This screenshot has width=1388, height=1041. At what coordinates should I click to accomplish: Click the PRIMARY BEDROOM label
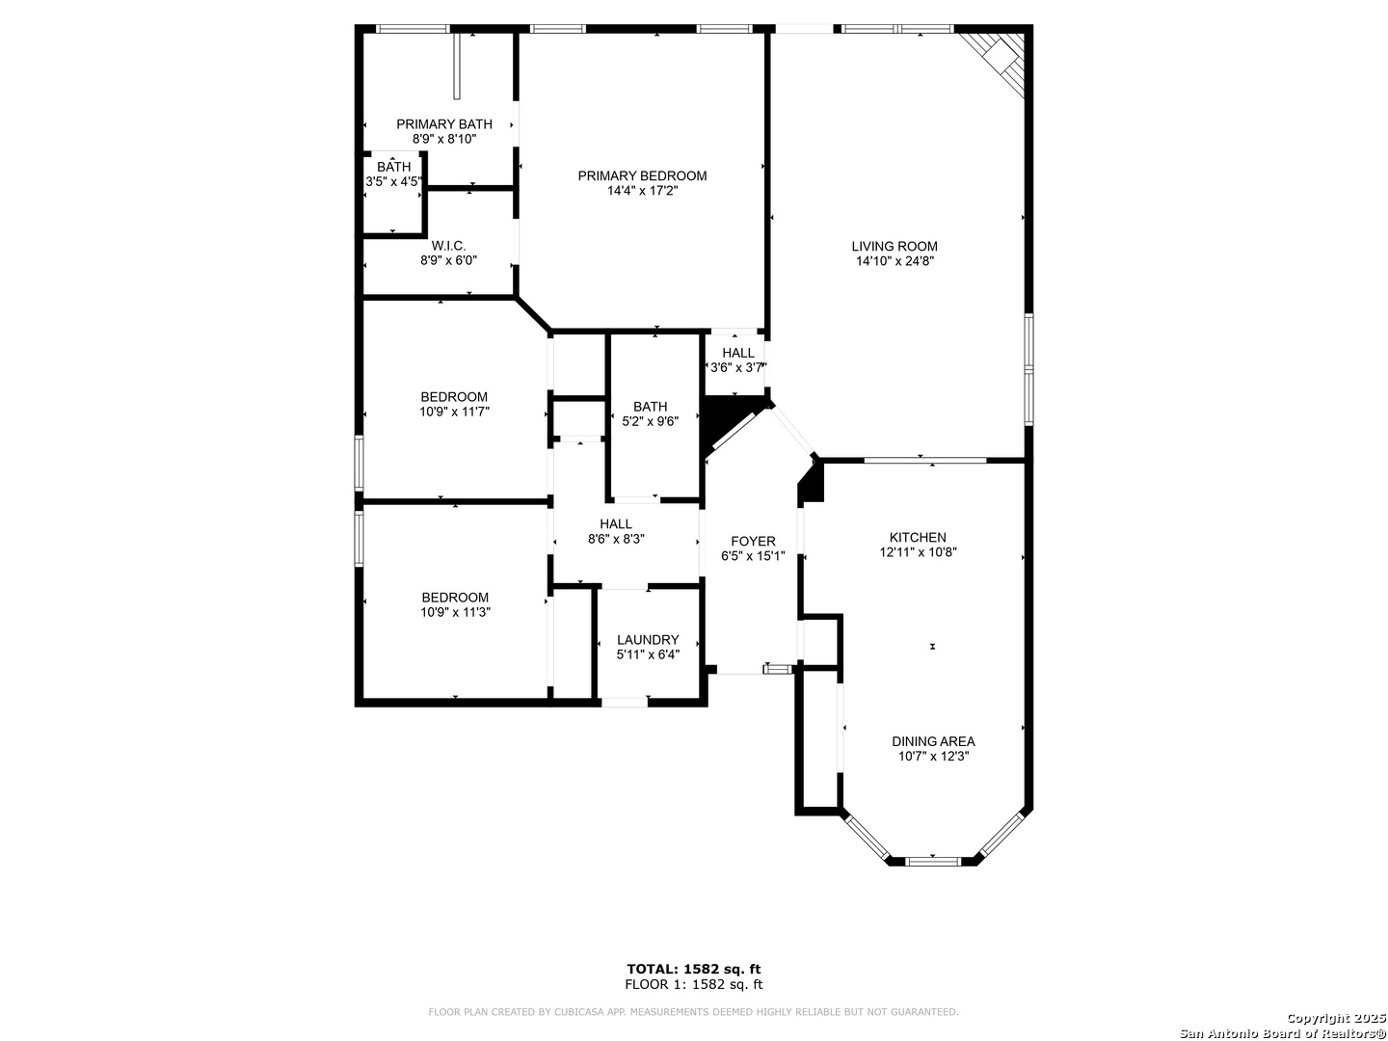pos(642,175)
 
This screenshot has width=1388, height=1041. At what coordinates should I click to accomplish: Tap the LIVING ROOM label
pos(894,247)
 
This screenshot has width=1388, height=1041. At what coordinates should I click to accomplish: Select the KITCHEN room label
pos(918,537)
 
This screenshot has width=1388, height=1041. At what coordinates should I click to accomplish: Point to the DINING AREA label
pos(933,741)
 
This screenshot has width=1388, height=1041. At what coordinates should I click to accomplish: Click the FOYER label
pos(753,541)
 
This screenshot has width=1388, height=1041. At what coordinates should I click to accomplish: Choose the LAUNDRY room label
pos(648,640)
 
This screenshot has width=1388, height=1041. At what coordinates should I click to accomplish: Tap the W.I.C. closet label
pos(448,245)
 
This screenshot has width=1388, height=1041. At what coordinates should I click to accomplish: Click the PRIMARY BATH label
pos(444,124)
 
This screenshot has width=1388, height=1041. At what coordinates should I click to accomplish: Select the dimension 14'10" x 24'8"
pos(894,261)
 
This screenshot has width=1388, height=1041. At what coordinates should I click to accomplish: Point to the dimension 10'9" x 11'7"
pos(454,412)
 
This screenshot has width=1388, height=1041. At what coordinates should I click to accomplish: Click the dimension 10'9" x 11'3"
pos(455,612)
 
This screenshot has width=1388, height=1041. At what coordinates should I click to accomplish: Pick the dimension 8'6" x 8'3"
pos(616,539)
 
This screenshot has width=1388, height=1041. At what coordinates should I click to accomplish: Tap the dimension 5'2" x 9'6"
pos(650,421)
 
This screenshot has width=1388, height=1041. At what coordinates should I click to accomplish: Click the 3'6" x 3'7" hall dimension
pos(737,367)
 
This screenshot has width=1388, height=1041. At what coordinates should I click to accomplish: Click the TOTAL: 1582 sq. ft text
pos(693,969)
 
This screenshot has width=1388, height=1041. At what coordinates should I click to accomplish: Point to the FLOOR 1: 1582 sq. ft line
pos(693,984)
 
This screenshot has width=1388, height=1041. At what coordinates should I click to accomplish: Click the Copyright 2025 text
pos(1335,1018)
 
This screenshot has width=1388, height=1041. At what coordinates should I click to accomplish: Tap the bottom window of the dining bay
pos(933,861)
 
